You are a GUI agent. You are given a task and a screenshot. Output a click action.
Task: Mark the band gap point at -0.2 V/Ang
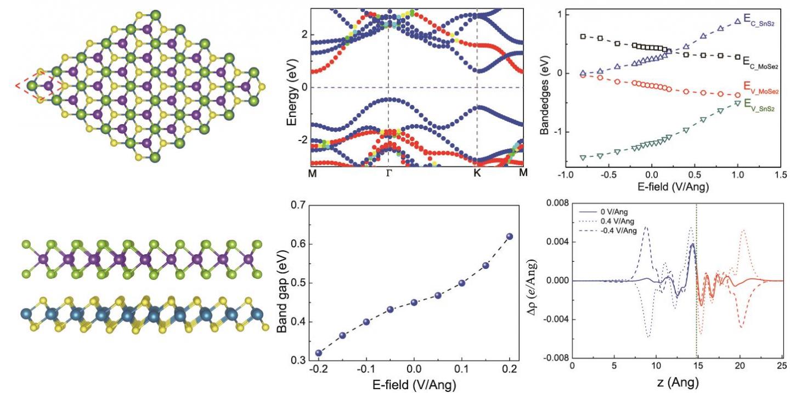[x=319, y=353]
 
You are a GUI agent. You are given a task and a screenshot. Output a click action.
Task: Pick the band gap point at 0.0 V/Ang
[x=414, y=302]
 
